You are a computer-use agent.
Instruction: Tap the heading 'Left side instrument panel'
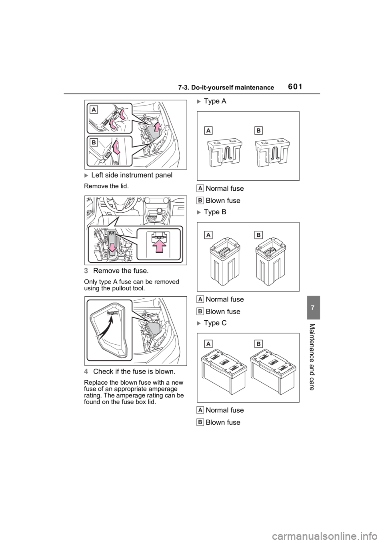click(x=132, y=175)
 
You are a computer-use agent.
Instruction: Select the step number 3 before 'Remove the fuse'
click(x=86, y=271)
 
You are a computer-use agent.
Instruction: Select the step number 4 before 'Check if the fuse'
click(x=86, y=371)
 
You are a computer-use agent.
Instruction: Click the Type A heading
click(x=215, y=101)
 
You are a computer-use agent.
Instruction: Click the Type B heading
click(x=215, y=212)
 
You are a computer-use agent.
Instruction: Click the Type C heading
click(x=215, y=323)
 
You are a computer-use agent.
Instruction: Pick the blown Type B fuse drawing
click(x=270, y=262)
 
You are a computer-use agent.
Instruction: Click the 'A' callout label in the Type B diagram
click(x=208, y=235)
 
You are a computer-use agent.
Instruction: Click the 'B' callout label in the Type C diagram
click(x=258, y=344)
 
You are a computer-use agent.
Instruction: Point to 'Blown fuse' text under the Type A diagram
click(x=223, y=201)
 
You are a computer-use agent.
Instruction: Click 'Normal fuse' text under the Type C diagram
click(x=225, y=410)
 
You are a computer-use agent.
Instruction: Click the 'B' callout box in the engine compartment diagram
click(x=94, y=142)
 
